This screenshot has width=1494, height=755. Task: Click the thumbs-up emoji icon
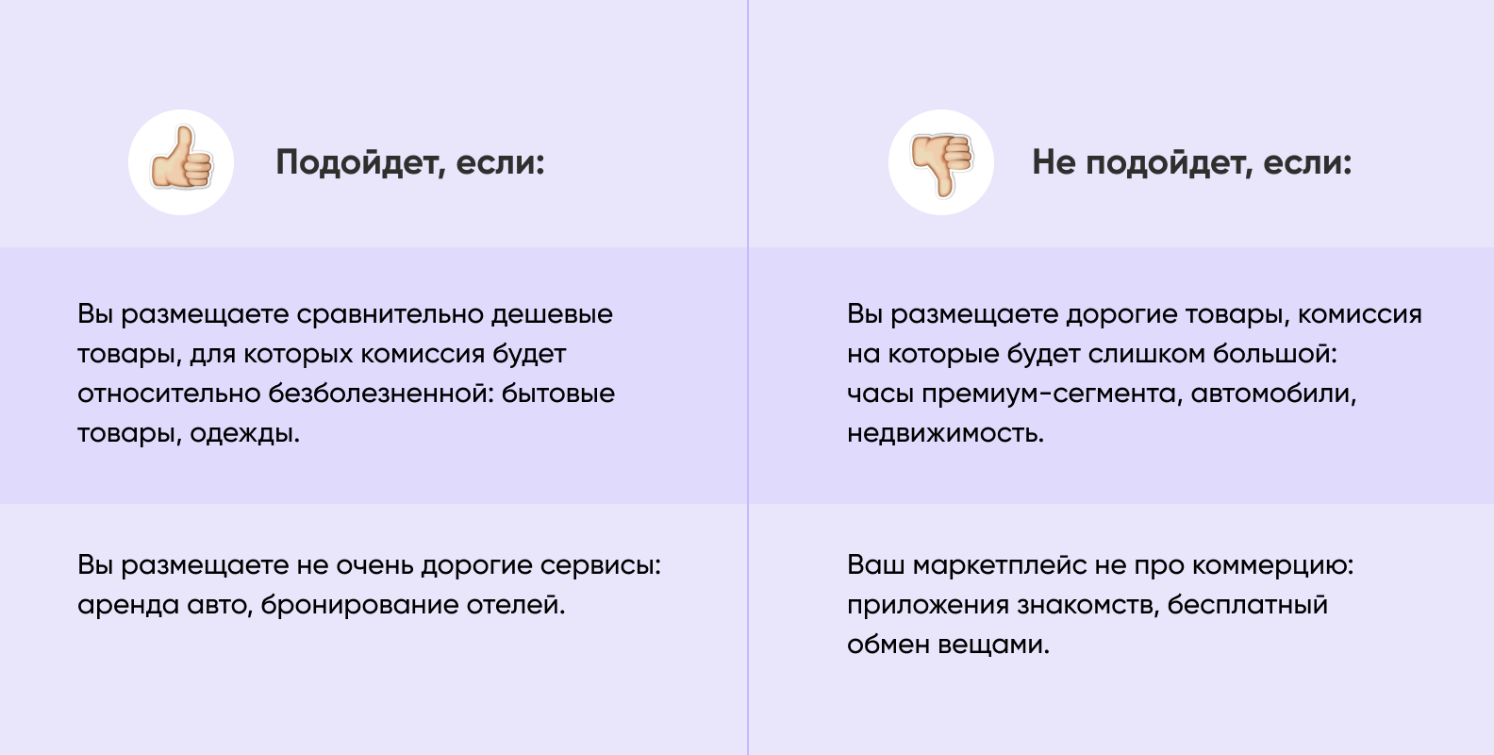tap(181, 159)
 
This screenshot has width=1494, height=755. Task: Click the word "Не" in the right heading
tap(1054, 162)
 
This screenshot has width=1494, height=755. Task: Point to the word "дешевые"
tap(553, 315)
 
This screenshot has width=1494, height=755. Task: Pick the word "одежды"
tap(245, 434)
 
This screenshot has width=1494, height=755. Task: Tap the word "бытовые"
tap(557, 394)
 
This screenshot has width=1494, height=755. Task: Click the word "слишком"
tap(1147, 355)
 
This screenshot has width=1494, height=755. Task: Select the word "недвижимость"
tap(946, 434)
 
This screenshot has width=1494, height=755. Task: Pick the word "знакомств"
tap(1087, 606)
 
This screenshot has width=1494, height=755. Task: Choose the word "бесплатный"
tap(1247, 606)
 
